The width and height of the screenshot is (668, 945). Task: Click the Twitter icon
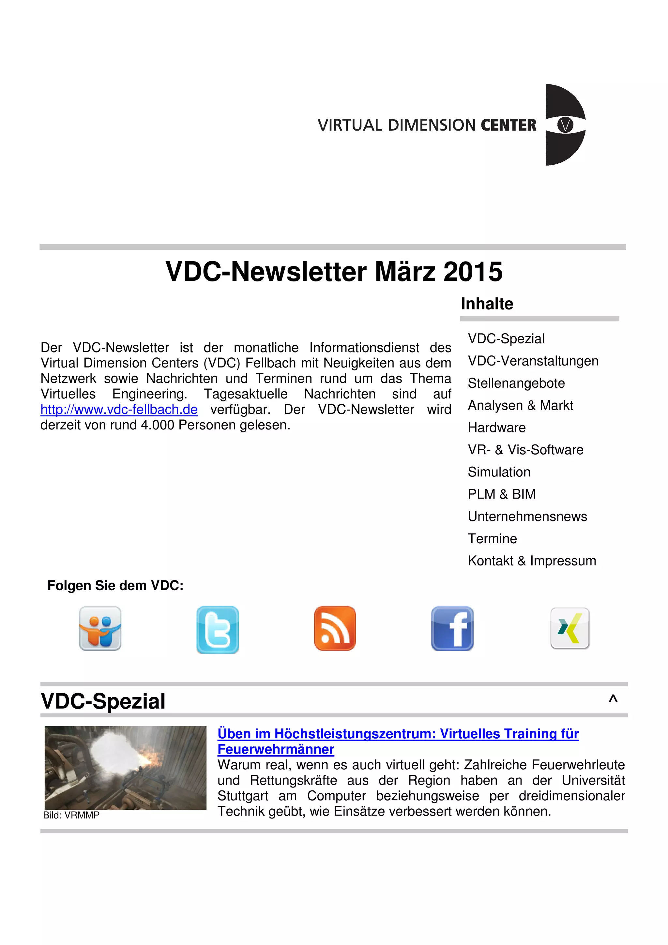217,629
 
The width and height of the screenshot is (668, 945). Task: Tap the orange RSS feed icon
335,628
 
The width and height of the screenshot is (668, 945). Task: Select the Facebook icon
452,628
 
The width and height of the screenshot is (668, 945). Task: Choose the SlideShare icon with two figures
100,628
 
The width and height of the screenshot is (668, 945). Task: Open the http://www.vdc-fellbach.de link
119,410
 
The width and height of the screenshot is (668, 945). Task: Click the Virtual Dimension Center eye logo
565,125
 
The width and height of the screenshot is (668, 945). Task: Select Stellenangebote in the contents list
516,383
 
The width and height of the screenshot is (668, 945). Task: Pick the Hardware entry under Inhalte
496,427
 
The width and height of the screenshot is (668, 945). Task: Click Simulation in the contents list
499,472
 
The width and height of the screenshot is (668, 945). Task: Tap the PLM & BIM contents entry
501,494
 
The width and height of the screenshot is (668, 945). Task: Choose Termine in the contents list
492,538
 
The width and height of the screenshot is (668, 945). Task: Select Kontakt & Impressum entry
532,561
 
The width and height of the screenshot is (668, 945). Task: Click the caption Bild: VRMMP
71,815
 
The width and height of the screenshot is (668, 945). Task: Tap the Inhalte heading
487,304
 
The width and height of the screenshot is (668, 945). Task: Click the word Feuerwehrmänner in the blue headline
275,749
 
